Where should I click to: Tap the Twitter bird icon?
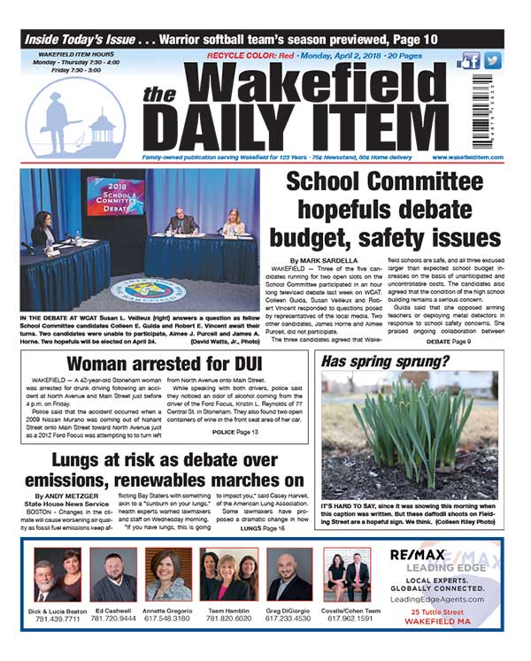pyautogui.click(x=492, y=61)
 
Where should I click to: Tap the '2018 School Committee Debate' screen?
pyautogui.click(x=116, y=196)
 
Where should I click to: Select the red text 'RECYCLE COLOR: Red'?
pyautogui.click(x=245, y=55)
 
